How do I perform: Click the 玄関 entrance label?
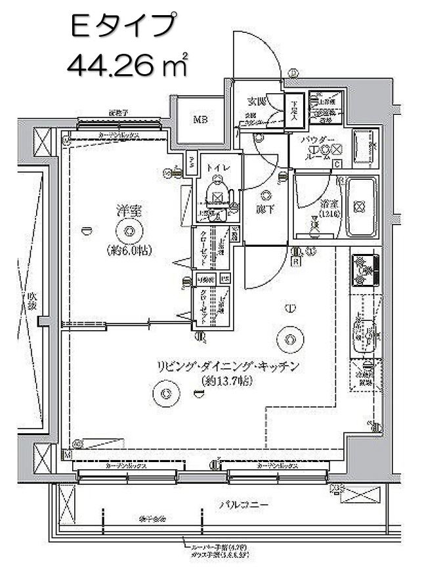256,102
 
